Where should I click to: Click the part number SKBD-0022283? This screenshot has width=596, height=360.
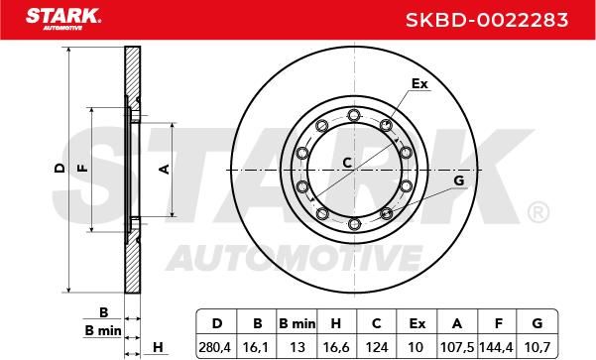click(487, 20)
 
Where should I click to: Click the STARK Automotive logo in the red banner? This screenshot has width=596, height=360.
click(63, 19)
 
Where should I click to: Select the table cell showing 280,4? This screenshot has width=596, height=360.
click(215, 347)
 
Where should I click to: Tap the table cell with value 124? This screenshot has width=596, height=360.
click(376, 347)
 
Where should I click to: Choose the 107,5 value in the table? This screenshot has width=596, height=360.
click(457, 347)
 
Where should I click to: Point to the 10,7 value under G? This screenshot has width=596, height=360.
click(537, 347)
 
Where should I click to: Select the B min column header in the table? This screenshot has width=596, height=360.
click(297, 323)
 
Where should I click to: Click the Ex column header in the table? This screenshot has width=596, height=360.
click(417, 323)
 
